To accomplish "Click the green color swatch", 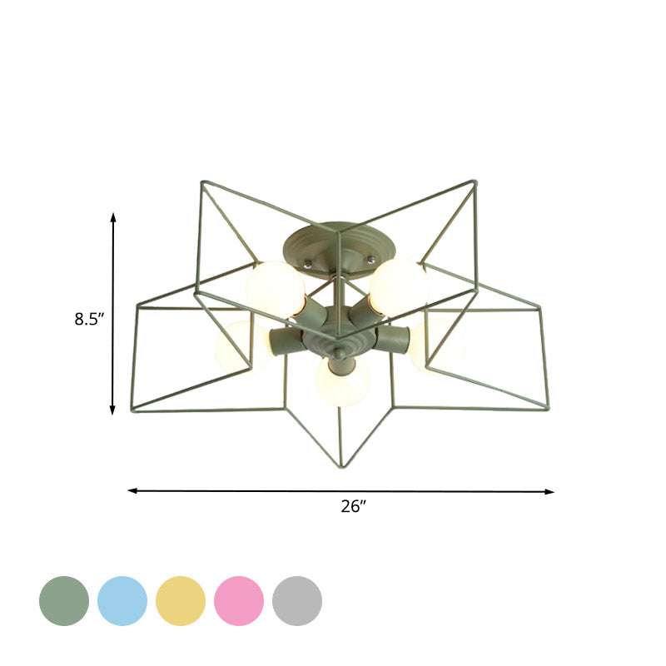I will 64,600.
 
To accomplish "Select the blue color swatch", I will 122,600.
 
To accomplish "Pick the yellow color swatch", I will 181,600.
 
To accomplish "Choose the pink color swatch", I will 239,600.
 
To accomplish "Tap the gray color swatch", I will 297,600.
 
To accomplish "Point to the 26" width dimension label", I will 354,506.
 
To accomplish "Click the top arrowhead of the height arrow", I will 113,216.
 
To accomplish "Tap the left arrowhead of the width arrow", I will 132,490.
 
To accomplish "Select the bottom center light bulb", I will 342,381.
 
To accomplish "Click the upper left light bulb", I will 275,288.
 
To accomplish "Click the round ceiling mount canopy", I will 340,243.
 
